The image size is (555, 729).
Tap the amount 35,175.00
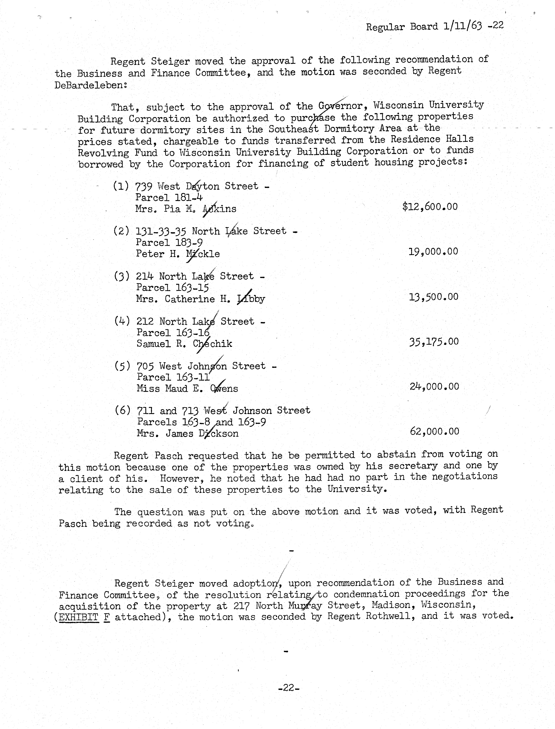pos(434,342)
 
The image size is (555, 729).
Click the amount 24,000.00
pos(434,386)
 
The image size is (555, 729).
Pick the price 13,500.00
pos(433,297)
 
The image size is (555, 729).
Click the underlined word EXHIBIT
pos(79,617)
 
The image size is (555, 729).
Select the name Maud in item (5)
pos(176,388)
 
